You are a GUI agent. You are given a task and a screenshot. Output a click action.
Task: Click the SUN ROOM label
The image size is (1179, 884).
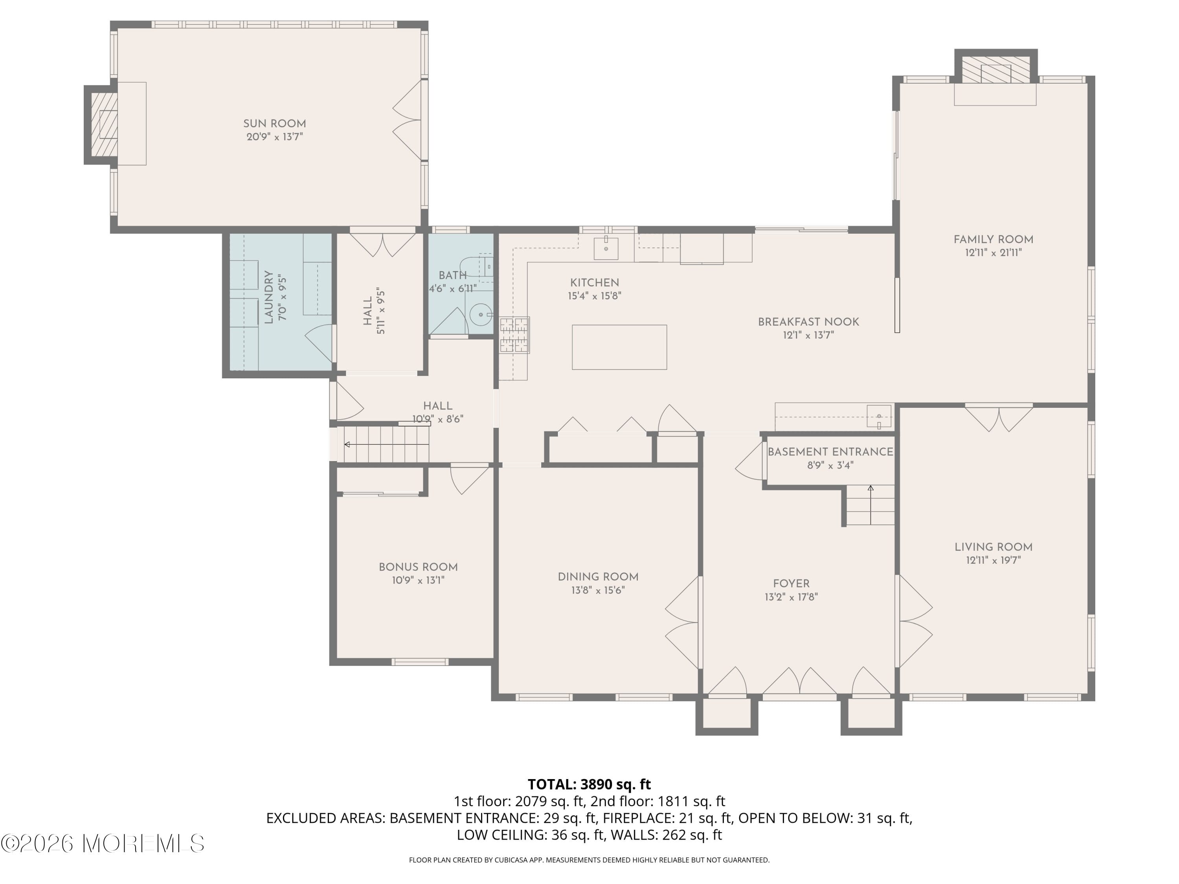point(274,124)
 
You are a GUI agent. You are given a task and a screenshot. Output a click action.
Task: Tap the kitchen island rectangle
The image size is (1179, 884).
point(619,347)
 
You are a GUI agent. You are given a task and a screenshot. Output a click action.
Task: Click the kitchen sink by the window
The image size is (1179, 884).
point(606,248)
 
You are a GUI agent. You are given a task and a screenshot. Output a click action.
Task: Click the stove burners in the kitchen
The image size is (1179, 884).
point(514,335)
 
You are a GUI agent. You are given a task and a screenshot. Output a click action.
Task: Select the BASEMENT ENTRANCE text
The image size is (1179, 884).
point(830,452)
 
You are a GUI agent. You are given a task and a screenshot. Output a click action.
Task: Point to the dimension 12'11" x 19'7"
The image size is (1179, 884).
point(993,560)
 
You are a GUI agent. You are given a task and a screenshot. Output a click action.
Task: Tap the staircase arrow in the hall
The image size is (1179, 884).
point(347,444)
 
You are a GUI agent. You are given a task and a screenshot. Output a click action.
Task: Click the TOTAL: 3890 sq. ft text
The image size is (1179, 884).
point(589,784)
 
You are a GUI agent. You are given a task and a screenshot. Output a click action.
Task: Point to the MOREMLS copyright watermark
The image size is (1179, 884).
point(102,844)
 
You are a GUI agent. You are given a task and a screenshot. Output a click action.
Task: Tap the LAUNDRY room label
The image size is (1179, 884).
point(269,297)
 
